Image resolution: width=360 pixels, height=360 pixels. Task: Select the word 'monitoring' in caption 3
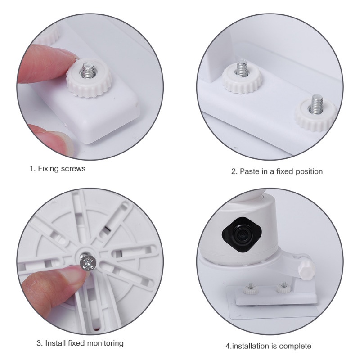tap(106, 343)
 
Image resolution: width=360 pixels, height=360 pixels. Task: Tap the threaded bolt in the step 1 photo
tap(87, 70)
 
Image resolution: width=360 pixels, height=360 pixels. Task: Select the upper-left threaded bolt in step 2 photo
tap(242, 68)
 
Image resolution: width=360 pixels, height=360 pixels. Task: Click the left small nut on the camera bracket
tap(251, 289)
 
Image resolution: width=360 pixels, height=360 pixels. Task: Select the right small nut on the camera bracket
tap(283, 287)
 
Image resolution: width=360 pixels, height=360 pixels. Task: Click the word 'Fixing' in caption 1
tap(48, 169)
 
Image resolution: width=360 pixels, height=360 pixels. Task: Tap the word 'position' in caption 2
tap(309, 172)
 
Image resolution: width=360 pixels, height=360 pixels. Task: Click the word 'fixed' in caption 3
tap(77, 343)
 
